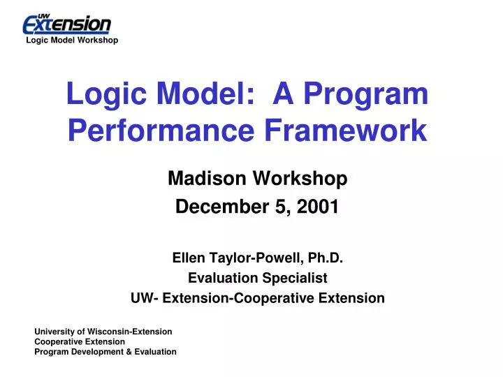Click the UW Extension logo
coord(67,24)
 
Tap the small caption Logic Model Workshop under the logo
coord(72,40)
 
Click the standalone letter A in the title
coord(283,94)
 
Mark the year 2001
coord(321,207)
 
